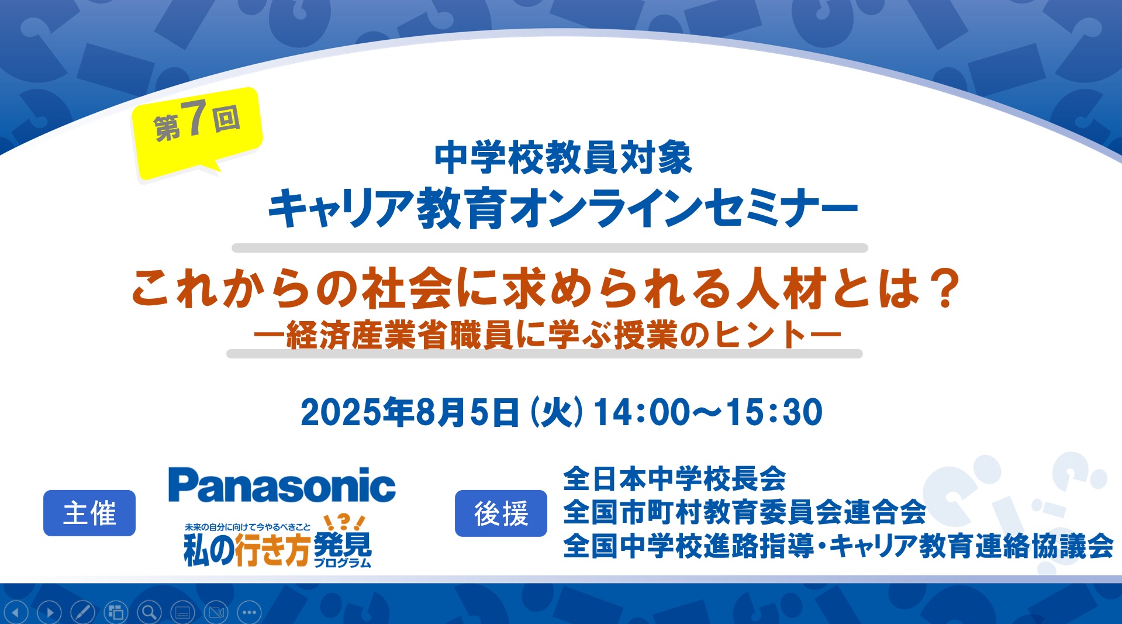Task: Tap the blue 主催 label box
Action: (89, 513)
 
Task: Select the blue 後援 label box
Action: (501, 513)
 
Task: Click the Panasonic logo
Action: (282, 485)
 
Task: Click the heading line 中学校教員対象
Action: (563, 158)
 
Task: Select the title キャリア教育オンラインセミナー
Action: (562, 208)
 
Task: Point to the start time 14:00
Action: (642, 412)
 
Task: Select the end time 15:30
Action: (774, 412)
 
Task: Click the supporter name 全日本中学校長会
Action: (675, 479)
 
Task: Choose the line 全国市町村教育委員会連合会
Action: (745, 512)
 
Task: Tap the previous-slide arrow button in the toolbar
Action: (16, 612)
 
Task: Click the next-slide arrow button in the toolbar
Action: (50, 612)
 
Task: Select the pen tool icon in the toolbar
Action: (82, 612)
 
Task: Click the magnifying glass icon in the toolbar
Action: (150, 612)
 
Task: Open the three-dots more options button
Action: (250, 612)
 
